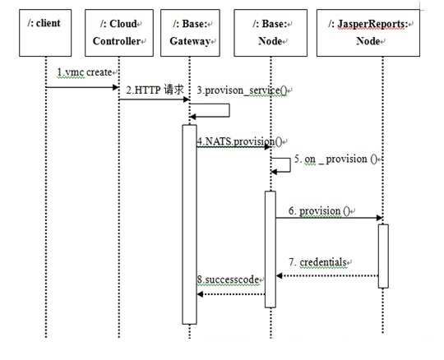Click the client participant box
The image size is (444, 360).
45,33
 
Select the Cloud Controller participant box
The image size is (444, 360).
119,33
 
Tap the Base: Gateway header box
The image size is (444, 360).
190,33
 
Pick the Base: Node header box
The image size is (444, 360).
271,33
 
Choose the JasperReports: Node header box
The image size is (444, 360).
368,33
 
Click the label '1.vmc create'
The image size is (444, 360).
85,72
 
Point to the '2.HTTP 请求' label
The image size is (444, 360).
155,90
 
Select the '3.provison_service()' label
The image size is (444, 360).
242,90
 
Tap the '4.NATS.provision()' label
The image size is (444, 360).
239,141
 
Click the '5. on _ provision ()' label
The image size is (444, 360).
335,159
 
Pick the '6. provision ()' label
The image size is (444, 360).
319,211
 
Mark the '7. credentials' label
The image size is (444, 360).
317,262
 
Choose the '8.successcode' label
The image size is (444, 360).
228,279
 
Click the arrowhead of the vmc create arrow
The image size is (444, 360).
116,87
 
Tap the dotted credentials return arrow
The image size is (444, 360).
327,275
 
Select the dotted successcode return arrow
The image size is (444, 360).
231,294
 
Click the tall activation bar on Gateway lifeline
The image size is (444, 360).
189,224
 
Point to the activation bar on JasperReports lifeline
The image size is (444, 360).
383,256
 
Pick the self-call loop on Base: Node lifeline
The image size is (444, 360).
290,165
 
